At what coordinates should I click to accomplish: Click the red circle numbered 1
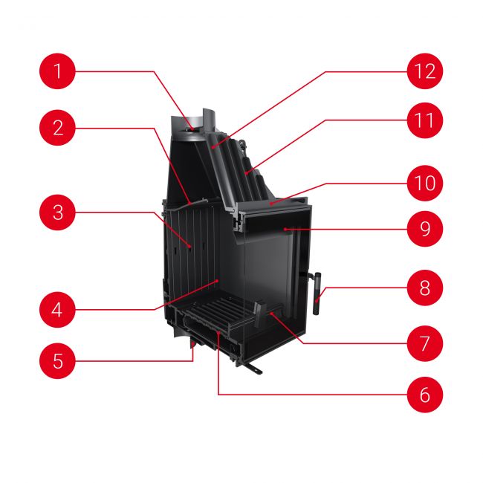pos(58,71)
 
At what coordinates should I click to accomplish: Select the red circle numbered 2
pos(58,128)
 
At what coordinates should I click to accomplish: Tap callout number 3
pos(58,213)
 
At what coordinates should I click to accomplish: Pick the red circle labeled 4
pos(58,310)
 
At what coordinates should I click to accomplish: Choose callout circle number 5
pos(58,360)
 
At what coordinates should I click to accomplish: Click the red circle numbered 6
pos(425,395)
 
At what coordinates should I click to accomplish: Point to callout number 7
pos(425,343)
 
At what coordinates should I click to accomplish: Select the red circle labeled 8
pos(425,288)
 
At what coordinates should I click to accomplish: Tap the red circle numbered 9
pos(425,229)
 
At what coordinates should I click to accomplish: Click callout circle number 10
pos(425,184)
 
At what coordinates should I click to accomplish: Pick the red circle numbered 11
pos(425,120)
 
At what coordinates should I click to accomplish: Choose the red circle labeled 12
pos(425,71)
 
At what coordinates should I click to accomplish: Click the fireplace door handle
pos(317,294)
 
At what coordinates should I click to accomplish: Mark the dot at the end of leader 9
pos(285,229)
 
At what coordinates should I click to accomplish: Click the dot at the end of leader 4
pos(218,281)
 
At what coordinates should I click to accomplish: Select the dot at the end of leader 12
pos(213,148)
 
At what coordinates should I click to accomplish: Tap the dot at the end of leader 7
pos(272,314)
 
